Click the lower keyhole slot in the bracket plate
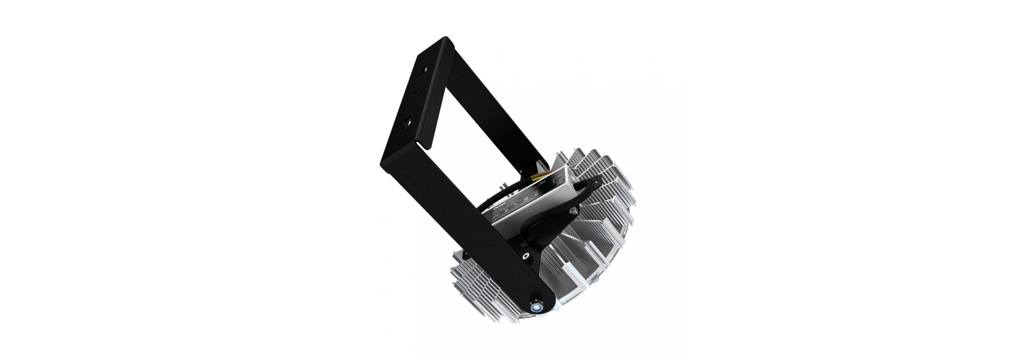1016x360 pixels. coord(406,123)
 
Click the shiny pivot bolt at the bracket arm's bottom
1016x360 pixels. coord(536,305)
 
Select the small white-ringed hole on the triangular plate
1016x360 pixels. coord(525,256)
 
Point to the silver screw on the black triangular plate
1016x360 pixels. coord(574,210)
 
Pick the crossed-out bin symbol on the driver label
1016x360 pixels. coord(536,193)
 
